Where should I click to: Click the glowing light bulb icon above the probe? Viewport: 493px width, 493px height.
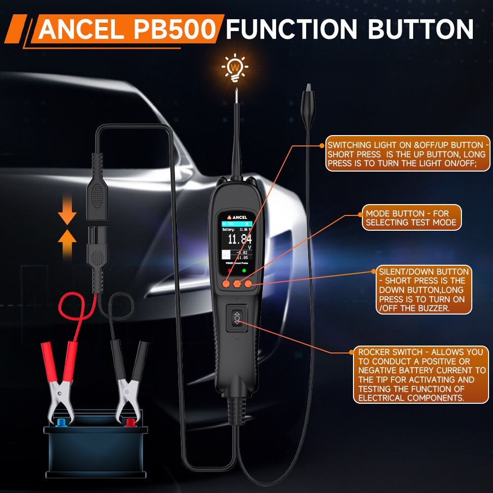pyautogui.click(x=235, y=67)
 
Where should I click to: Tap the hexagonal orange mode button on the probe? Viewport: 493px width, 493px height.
pyautogui.click(x=237, y=283)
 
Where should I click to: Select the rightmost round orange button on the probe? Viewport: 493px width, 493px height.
pyautogui.click(x=248, y=283)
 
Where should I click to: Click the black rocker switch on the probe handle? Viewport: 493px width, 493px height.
pyautogui.click(x=237, y=319)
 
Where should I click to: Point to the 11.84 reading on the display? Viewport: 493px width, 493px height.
pyautogui.click(x=240, y=240)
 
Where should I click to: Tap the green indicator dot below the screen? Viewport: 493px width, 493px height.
pyautogui.click(x=244, y=270)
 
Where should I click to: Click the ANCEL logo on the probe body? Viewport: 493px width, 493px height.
pyautogui.click(x=237, y=216)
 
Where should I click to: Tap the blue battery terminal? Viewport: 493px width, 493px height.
pyautogui.click(x=61, y=423)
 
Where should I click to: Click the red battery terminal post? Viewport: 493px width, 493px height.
pyautogui.click(x=130, y=423)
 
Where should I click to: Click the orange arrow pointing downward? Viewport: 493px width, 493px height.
pyautogui.click(x=67, y=217)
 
